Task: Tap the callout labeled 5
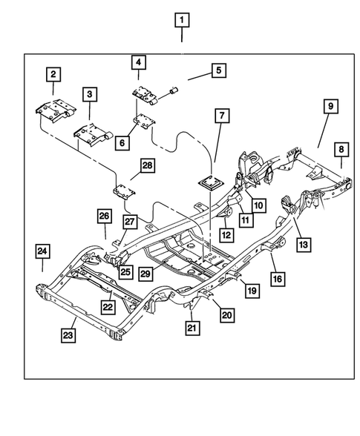(x=218, y=71)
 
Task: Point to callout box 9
(x=328, y=108)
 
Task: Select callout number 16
(x=277, y=278)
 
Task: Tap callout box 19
(x=252, y=291)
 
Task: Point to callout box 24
(x=43, y=251)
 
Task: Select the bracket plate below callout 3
(x=89, y=135)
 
